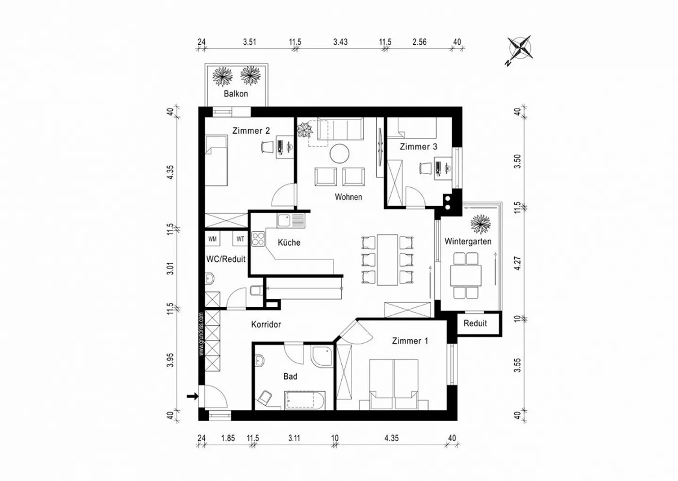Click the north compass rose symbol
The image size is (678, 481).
coord(521,48)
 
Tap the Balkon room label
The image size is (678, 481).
coord(236,94)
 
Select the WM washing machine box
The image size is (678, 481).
coord(212,239)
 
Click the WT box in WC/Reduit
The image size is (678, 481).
coord(240,239)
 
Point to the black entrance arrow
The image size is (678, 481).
coord(193,396)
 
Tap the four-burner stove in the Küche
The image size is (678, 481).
coord(258,239)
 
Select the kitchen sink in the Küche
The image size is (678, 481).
coord(291,221)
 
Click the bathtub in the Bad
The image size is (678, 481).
coord(305,401)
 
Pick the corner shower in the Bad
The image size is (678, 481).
coord(322,356)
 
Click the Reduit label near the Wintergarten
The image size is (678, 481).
coord(475,323)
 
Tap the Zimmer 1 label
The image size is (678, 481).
coord(410,341)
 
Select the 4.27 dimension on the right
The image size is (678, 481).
coord(518,264)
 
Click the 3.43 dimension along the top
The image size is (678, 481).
coord(340,42)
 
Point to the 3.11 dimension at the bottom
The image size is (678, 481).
coord(294,438)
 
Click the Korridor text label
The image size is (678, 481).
coord(266,325)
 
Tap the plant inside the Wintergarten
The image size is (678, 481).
coord(481,224)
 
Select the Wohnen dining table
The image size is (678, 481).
coord(387,260)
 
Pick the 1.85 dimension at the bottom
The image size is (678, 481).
coord(228,438)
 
